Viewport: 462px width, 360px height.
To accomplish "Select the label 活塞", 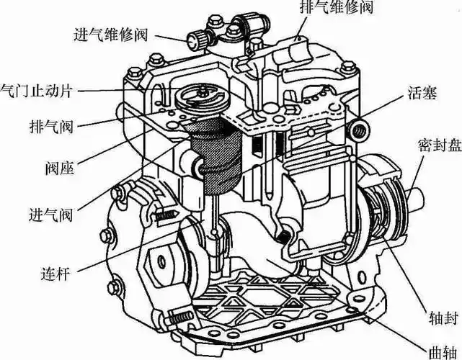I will (420, 94).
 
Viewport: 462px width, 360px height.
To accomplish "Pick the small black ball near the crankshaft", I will (287, 238).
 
